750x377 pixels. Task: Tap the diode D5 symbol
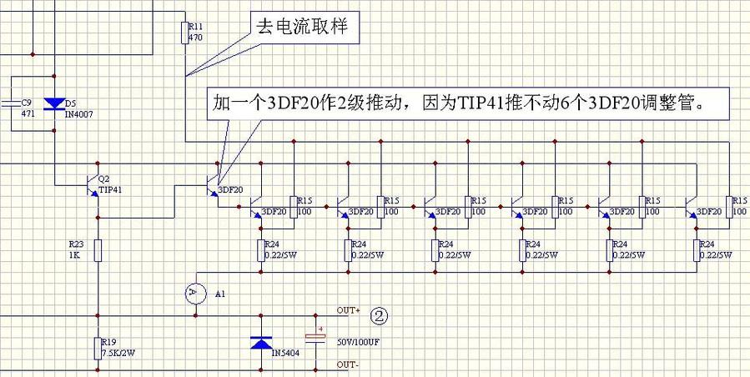54,104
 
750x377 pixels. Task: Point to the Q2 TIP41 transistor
93,184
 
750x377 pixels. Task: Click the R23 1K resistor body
98,249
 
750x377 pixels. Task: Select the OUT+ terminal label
347,311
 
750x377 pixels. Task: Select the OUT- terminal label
347,365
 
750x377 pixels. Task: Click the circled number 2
379,315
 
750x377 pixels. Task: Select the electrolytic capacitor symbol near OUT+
316,338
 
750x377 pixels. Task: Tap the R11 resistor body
184,33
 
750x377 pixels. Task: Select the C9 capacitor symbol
9,103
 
